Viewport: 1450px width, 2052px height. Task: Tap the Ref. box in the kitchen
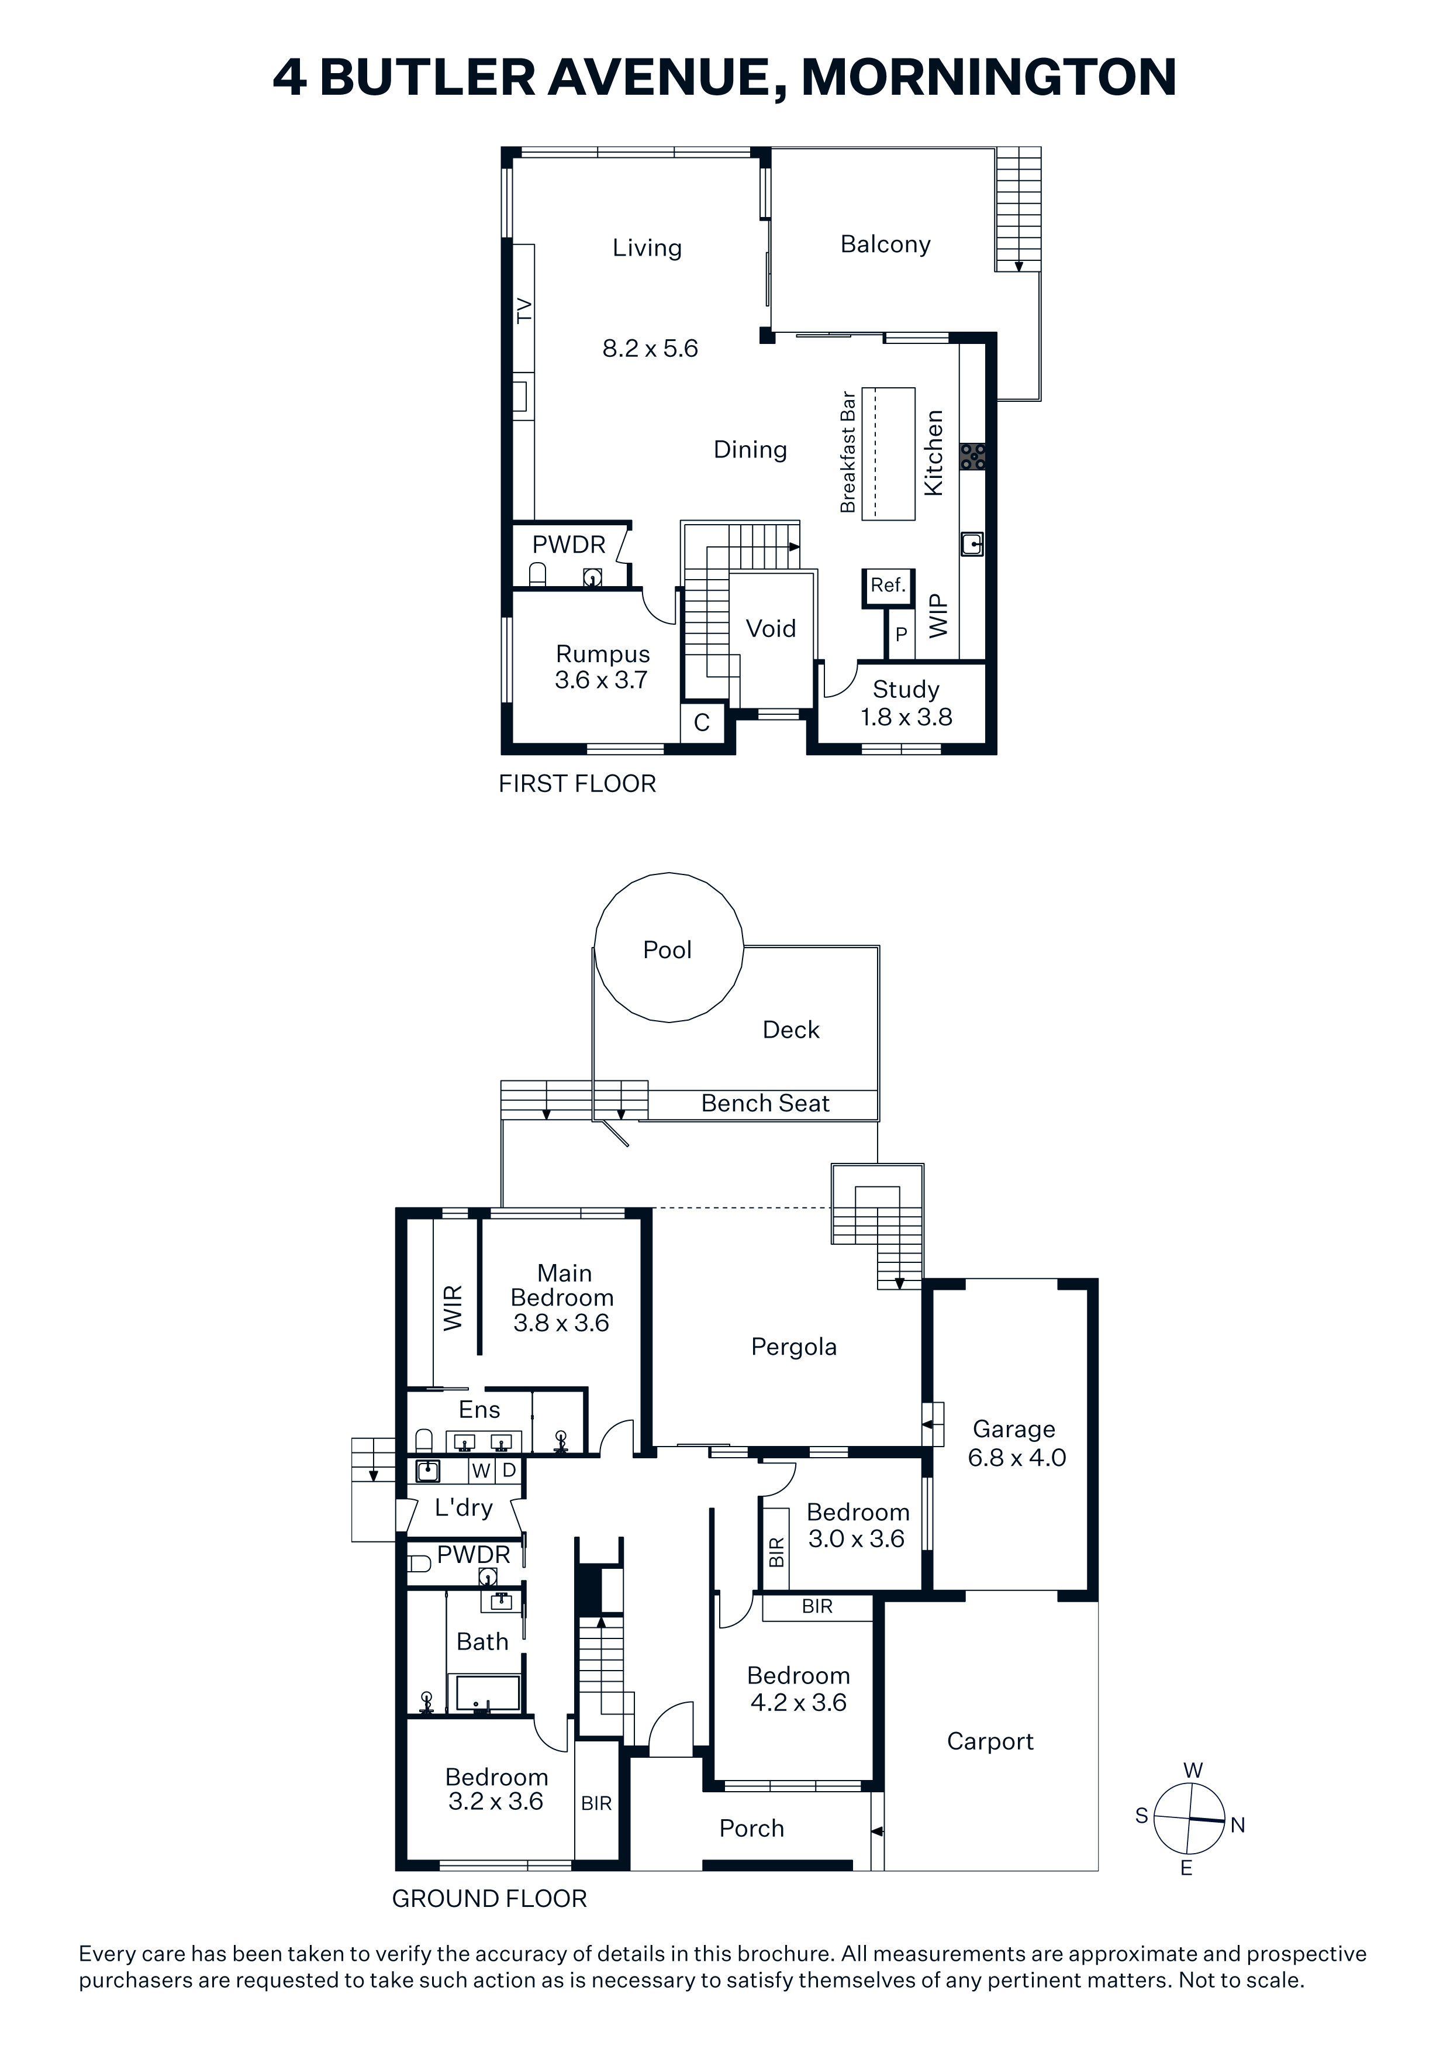point(888,588)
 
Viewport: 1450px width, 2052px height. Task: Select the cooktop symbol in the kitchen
point(973,457)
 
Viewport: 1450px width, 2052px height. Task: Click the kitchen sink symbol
point(973,543)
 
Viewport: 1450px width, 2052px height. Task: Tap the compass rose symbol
point(1189,1819)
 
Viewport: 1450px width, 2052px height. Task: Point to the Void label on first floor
point(771,628)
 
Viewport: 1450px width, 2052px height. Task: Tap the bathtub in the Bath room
point(488,1693)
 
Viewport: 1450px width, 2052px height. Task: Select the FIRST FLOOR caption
point(577,784)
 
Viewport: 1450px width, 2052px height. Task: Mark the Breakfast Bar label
point(848,452)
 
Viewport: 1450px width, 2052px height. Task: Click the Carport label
point(990,1741)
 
